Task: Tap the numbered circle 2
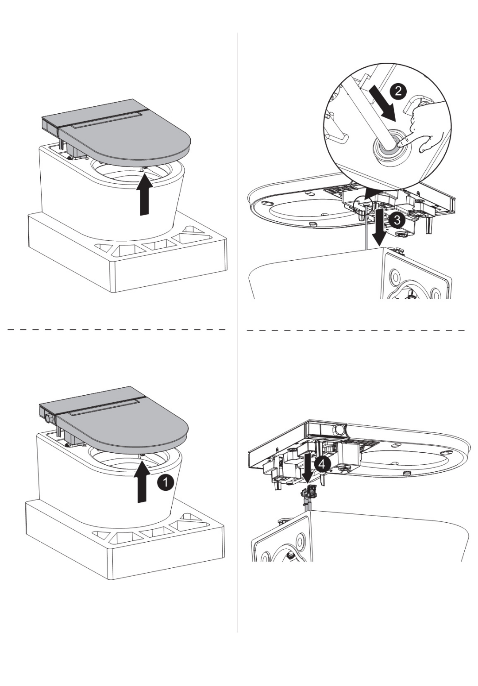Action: (x=397, y=91)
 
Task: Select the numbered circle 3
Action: (x=397, y=220)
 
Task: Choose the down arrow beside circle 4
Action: (x=308, y=468)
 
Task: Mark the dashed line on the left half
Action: (x=117, y=330)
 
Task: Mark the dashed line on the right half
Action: (x=356, y=330)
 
